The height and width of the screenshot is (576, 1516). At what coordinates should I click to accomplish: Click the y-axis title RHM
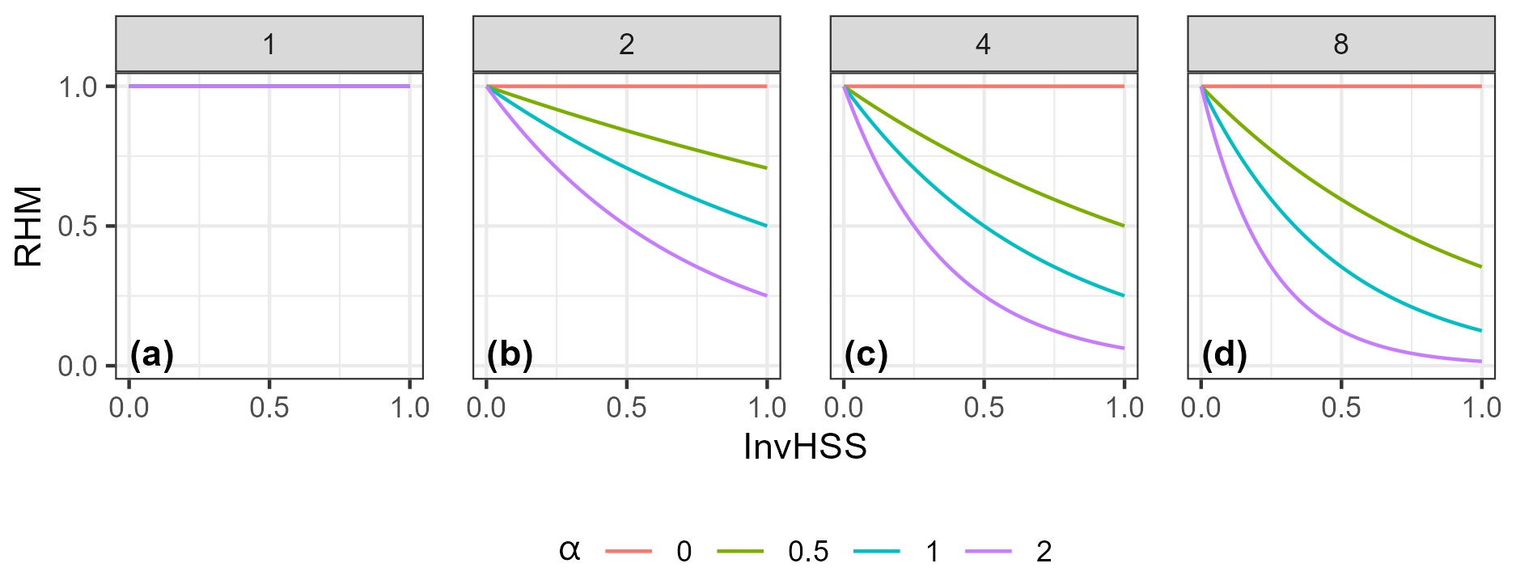coord(29,227)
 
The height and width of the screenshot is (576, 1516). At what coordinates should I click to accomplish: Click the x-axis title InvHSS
coord(805,447)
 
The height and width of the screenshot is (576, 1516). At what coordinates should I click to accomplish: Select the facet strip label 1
coord(269,44)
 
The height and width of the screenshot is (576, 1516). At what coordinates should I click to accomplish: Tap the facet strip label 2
coord(626,44)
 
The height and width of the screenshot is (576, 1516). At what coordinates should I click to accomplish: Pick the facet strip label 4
coord(984,44)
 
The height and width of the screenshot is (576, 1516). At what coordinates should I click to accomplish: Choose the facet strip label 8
coord(1340,44)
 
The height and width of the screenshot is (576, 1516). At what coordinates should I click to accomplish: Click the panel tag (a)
coord(152,354)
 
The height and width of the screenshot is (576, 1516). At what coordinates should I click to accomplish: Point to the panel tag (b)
coord(510,354)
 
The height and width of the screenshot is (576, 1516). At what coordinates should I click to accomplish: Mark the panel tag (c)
coord(866,354)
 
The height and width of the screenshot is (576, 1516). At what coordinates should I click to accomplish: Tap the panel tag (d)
coord(1224,354)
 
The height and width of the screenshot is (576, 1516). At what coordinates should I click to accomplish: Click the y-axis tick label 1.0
coord(78,87)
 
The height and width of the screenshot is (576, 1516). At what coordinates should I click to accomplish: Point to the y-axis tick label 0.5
coord(78,227)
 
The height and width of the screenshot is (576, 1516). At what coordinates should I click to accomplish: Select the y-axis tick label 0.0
coord(78,366)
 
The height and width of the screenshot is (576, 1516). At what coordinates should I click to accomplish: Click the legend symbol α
coord(570,551)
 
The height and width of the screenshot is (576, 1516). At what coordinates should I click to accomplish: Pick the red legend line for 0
coord(629,551)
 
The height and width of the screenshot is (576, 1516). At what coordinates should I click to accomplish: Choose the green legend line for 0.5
coord(740,551)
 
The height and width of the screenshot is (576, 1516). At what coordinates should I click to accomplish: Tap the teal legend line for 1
coord(877,551)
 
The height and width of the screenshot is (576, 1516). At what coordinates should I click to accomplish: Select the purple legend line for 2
coord(989,551)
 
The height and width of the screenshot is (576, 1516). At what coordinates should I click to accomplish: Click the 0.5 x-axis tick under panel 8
coord(1340,407)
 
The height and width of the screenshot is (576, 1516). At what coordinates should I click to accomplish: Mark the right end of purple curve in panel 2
coord(766,296)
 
